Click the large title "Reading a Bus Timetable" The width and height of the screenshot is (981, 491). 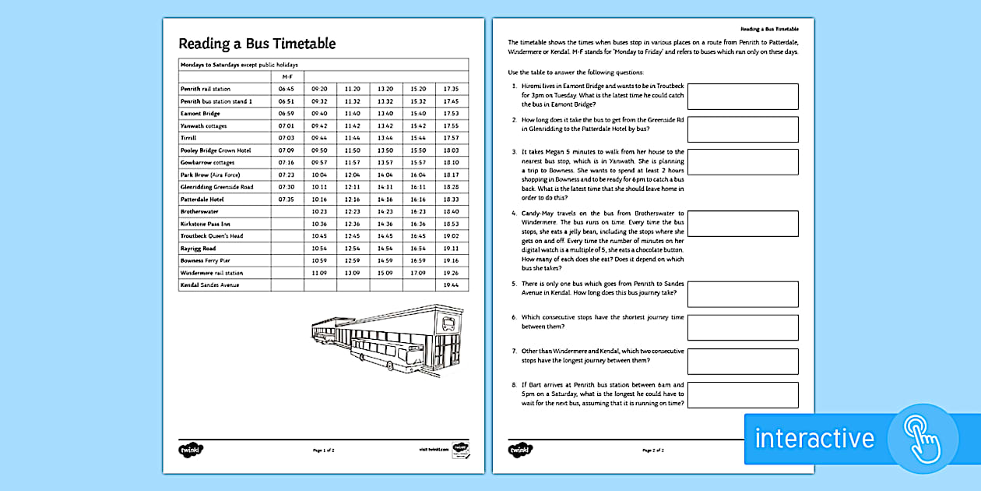[257, 44]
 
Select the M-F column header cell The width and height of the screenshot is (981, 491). [287, 76]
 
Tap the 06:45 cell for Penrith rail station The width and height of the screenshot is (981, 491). [287, 89]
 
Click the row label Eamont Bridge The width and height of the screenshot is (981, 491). [200, 114]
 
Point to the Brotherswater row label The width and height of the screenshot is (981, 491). [201, 211]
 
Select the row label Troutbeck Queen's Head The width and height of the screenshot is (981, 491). [212, 236]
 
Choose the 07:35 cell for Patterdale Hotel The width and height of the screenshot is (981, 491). [287, 200]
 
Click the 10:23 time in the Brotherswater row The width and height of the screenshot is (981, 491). [319, 211]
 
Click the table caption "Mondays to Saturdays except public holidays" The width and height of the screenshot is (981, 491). [239, 65]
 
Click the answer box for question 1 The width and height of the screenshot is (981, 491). [743, 96]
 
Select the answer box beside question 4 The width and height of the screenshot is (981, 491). [743, 224]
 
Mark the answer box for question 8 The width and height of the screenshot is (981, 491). [743, 395]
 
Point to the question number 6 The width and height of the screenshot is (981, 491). [514, 317]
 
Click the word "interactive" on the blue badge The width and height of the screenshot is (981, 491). [814, 438]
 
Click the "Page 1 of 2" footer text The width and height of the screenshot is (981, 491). [323, 450]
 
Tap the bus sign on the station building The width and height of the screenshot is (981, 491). [448, 323]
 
